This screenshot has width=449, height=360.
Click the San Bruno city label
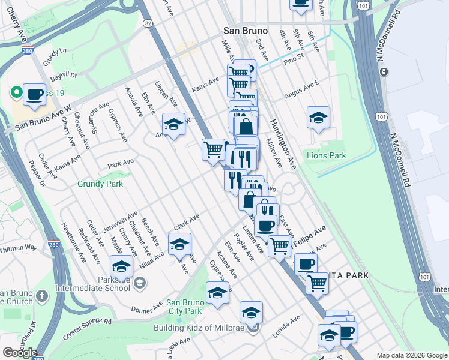[245, 31]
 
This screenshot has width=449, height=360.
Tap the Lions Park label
[327, 155]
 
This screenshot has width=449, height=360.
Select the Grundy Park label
[99, 184]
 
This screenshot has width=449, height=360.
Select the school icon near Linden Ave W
[173, 124]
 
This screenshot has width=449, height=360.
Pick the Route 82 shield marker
[148, 23]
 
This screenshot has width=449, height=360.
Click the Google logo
[19, 352]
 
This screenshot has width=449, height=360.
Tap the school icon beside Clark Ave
[179, 244]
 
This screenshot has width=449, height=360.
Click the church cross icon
[42, 295]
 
